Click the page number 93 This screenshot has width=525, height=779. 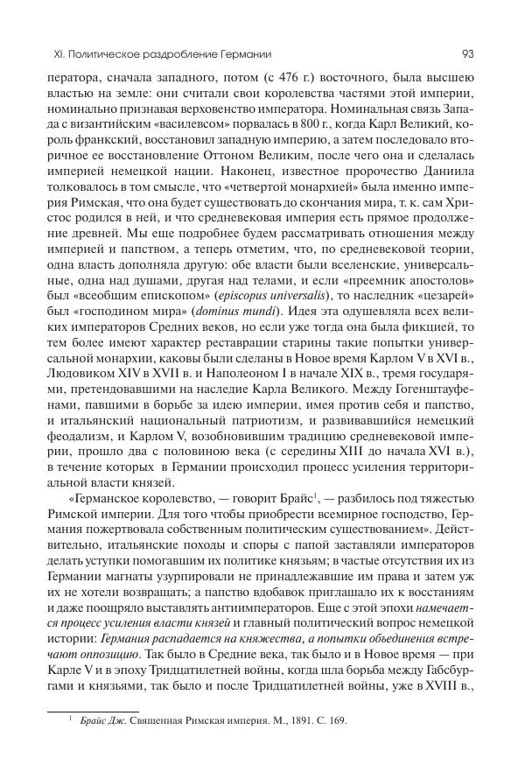(x=467, y=53)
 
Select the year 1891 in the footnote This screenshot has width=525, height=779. (x=284, y=721)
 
